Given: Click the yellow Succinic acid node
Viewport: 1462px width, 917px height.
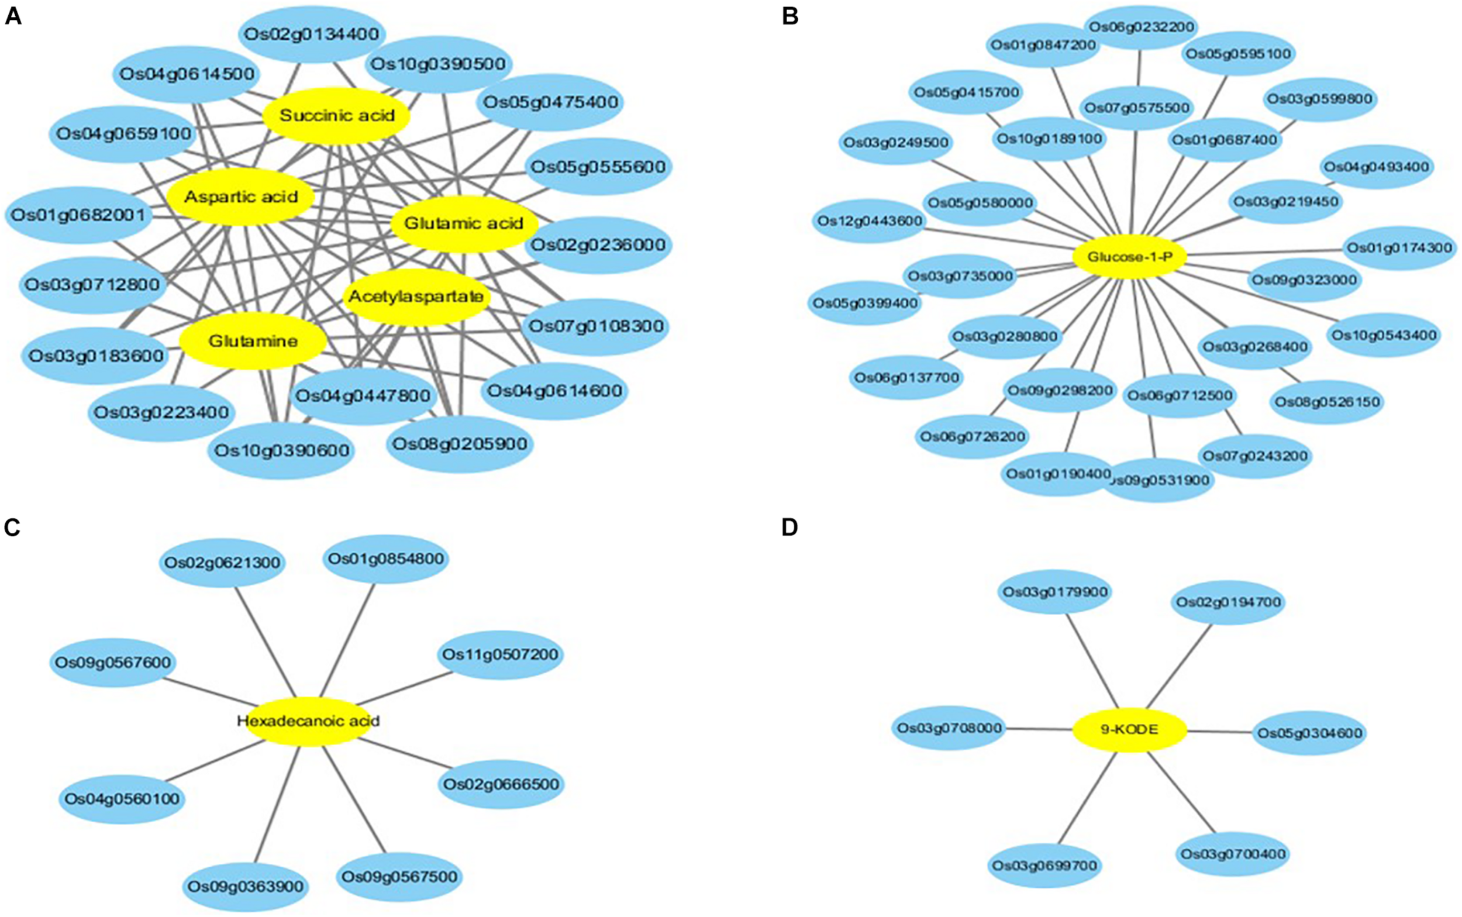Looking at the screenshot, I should pyautogui.click(x=336, y=116).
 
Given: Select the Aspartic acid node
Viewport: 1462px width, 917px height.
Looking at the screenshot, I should pyautogui.click(x=241, y=197).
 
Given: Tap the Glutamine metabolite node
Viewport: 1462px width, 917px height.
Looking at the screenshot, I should pyautogui.click(x=253, y=342).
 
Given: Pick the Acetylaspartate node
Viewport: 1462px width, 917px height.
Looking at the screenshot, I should pyautogui.click(x=416, y=297).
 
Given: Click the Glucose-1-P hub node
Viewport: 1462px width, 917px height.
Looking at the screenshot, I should pyautogui.click(x=1129, y=257).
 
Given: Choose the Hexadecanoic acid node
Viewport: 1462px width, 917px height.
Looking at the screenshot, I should pyautogui.click(x=308, y=721).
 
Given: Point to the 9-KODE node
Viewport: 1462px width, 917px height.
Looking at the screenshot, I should pyautogui.click(x=1129, y=730).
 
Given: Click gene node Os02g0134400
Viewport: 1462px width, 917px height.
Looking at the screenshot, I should pyautogui.click(x=311, y=34).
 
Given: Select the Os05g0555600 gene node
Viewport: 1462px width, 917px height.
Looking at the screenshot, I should pyautogui.click(x=598, y=167).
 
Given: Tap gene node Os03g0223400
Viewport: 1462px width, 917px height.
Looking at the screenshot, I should pyautogui.click(x=161, y=413).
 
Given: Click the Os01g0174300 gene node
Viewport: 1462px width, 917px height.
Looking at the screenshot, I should pyautogui.click(x=1399, y=248).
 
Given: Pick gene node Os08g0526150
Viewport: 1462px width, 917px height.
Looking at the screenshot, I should pyautogui.click(x=1327, y=402).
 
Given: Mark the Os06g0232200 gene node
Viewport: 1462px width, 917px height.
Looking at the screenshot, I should pyautogui.click(x=1141, y=27).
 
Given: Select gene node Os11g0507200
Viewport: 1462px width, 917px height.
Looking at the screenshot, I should pyautogui.click(x=500, y=655).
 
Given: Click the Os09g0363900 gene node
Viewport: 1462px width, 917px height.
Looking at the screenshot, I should pyautogui.click(x=245, y=887).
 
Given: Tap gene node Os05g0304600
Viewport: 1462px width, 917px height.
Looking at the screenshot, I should pyautogui.click(x=1310, y=733).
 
